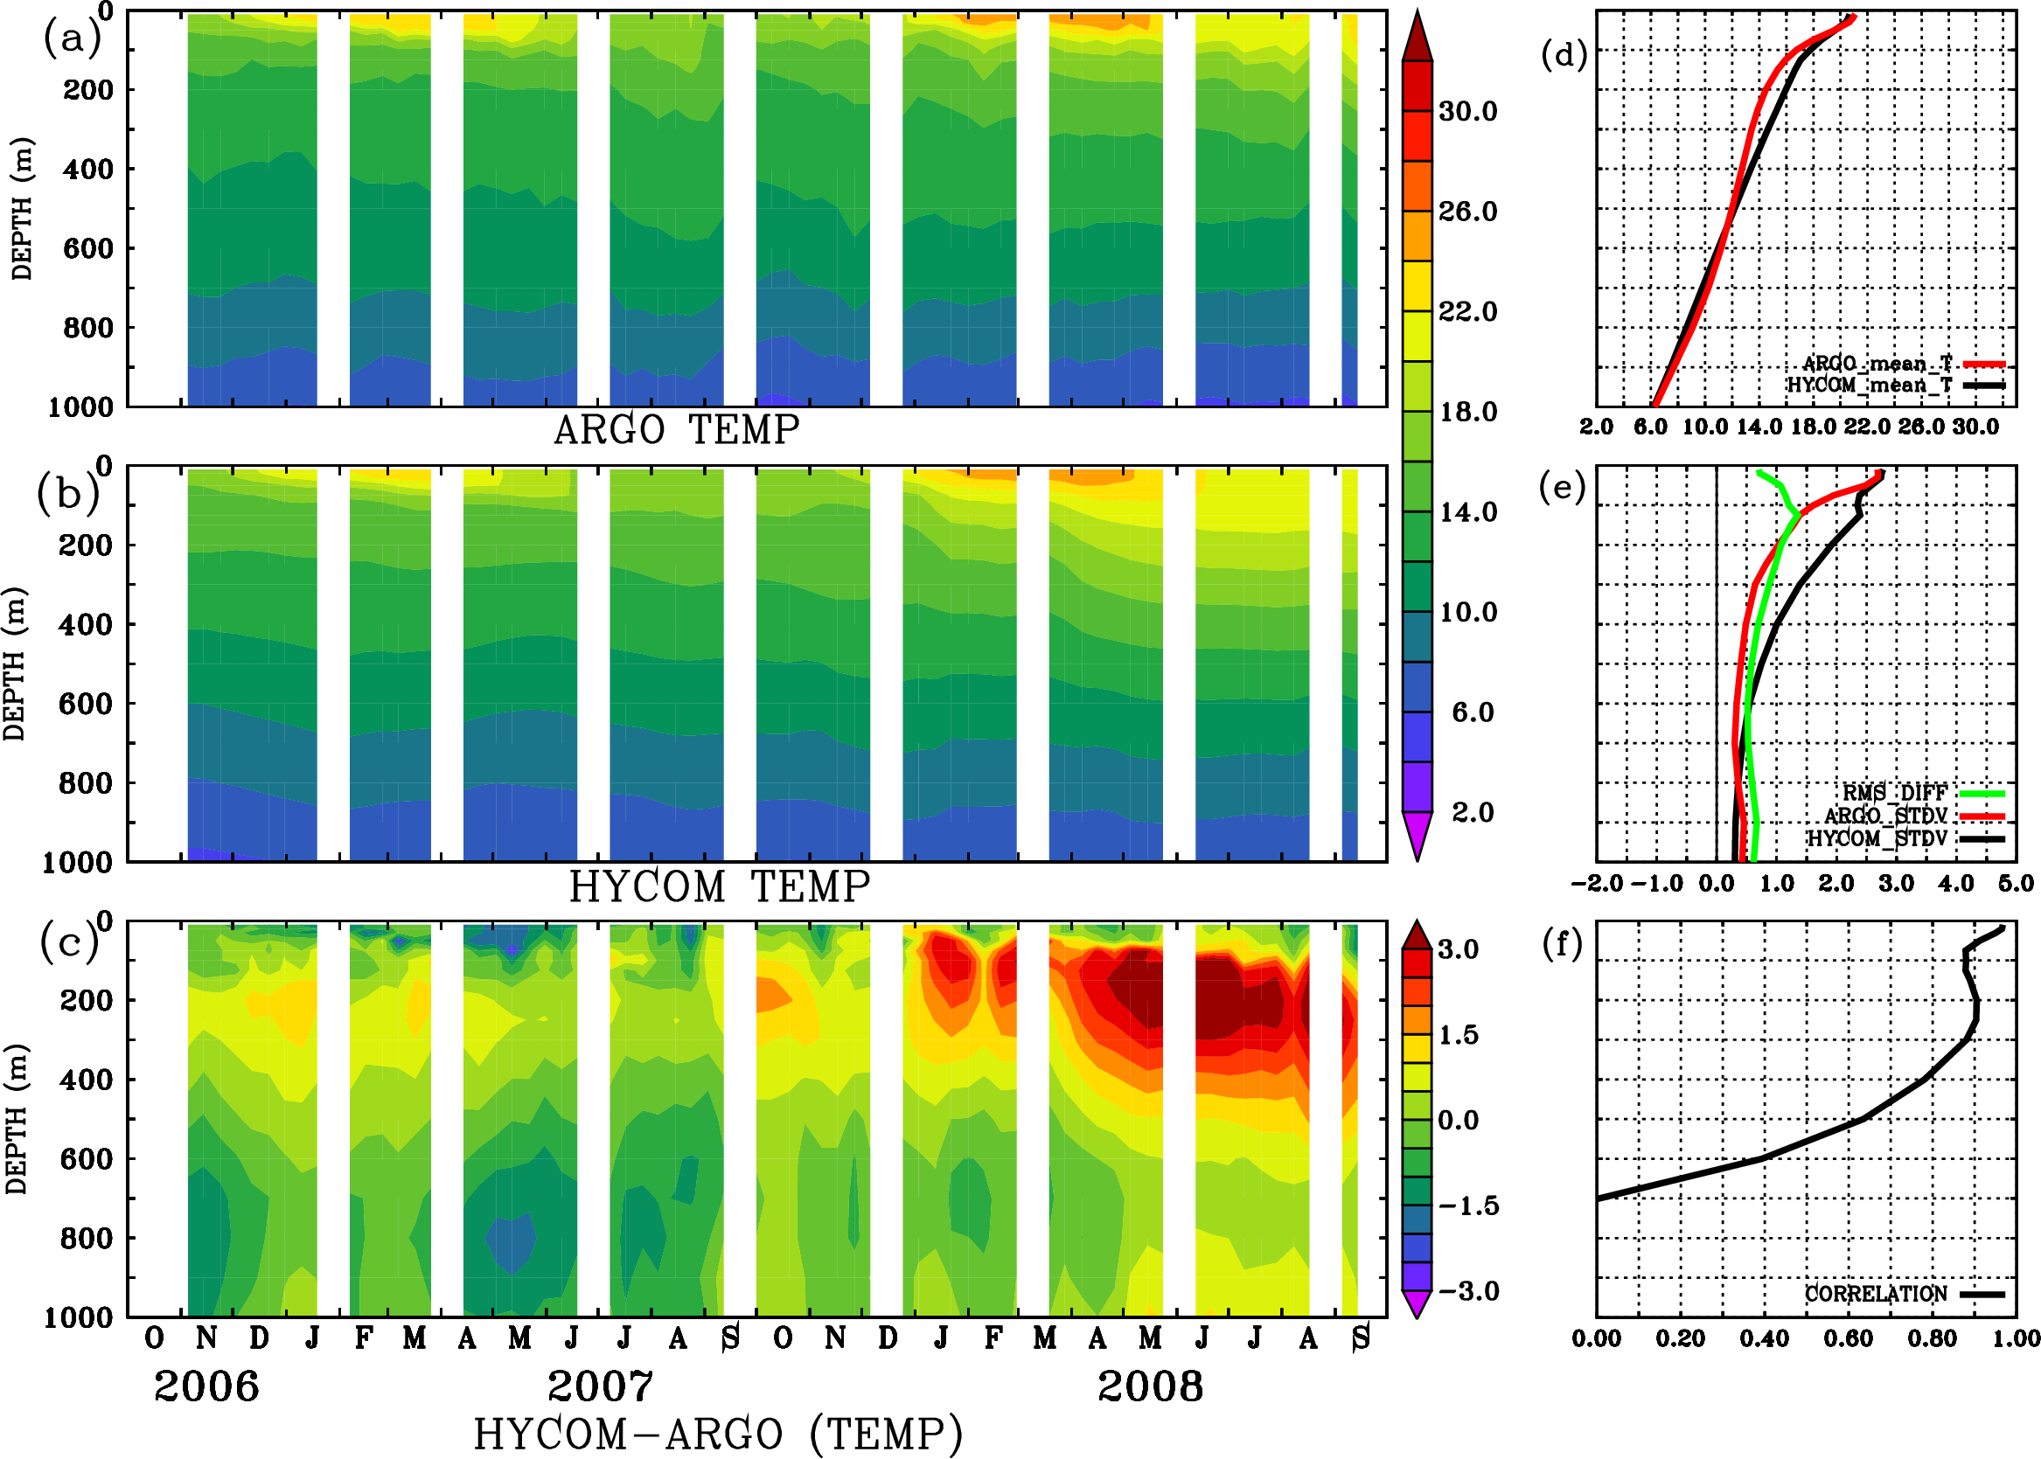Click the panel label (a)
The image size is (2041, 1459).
pyautogui.click(x=71, y=38)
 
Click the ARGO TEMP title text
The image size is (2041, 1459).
pyautogui.click(x=676, y=430)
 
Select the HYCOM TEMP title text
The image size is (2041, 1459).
pyautogui.click(x=720, y=886)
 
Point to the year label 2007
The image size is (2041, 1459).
pyautogui.click(x=600, y=1386)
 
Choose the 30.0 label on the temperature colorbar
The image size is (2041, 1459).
pyautogui.click(x=1467, y=111)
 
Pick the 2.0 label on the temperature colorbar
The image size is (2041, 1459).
pyautogui.click(x=1473, y=812)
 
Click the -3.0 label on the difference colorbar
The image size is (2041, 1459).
pyautogui.click(x=1468, y=1291)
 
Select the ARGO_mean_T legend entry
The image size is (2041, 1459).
pyautogui.click(x=1877, y=364)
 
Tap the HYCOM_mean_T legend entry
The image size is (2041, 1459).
pyautogui.click(x=1870, y=385)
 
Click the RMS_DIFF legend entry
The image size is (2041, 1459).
pyautogui.click(x=1894, y=792)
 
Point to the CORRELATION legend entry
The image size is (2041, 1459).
pyautogui.click(x=1876, y=1294)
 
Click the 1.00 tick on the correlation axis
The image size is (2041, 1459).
pyautogui.click(x=2015, y=1338)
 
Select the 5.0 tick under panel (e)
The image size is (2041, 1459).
pyautogui.click(x=2016, y=883)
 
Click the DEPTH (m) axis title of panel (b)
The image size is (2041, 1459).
pyautogui.click(x=15, y=663)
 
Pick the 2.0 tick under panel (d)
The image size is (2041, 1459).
pyautogui.click(x=1595, y=427)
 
